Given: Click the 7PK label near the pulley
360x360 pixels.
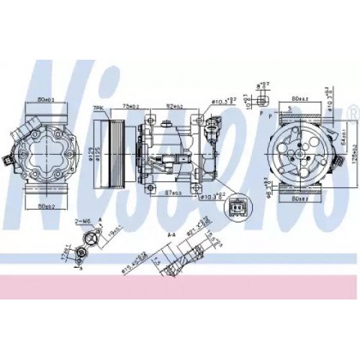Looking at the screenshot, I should point(98,109).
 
